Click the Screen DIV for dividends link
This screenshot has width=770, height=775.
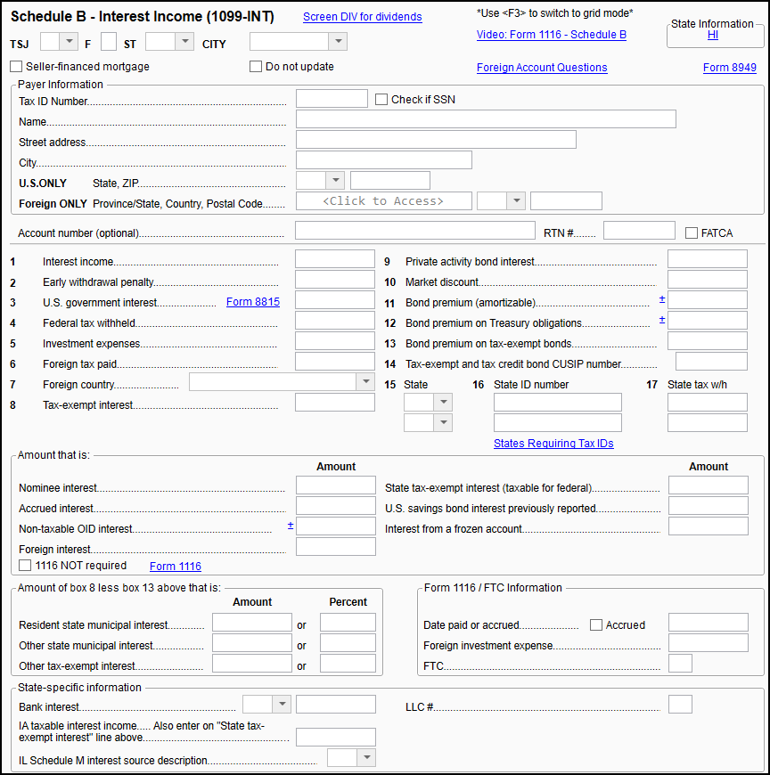[x=362, y=17]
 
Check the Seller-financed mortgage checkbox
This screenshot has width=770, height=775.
[x=16, y=67]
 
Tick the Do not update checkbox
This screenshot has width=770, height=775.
[x=256, y=67]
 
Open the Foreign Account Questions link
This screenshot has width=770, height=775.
[x=542, y=68]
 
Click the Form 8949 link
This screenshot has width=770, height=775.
[x=729, y=68]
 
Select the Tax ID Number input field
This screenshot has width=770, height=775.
[x=332, y=99]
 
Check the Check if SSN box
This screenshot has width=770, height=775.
[x=381, y=100]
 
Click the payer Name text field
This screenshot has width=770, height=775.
[x=486, y=119]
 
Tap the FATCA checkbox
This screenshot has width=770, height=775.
[x=692, y=233]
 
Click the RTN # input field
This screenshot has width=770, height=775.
[x=639, y=232]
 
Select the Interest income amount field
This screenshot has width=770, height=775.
[x=334, y=259]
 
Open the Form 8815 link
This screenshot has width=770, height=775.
[x=252, y=302]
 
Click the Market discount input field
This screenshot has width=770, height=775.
[x=707, y=280]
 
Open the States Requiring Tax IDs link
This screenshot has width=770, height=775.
[x=553, y=444]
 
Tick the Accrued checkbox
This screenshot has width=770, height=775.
[x=596, y=625]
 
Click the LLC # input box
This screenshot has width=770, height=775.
[x=680, y=705]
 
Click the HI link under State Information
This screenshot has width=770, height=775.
[x=713, y=36]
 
